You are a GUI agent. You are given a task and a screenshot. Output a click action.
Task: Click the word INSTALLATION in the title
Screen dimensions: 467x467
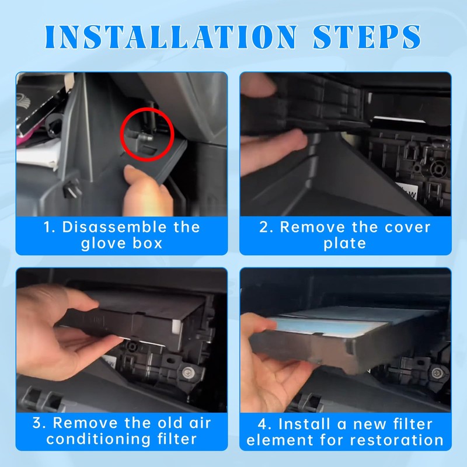(171, 37)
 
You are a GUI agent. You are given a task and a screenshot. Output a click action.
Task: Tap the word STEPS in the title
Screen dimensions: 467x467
(367, 37)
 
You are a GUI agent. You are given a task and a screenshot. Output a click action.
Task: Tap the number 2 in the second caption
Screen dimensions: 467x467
(264, 227)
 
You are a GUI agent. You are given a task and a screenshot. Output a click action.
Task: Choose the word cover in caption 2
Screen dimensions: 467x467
(407, 228)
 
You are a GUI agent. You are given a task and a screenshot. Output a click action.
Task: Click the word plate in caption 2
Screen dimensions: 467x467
(344, 243)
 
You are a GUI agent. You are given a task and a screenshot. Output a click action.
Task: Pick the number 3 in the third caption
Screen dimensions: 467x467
(37, 423)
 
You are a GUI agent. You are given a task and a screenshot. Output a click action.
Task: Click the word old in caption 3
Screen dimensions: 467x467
(170, 423)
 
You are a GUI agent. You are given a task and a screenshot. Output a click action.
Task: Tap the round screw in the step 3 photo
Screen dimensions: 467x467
(187, 372)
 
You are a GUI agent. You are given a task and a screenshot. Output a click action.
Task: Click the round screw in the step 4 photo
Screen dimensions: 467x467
(437, 372)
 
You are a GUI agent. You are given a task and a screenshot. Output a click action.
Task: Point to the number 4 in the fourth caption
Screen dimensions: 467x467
(262, 424)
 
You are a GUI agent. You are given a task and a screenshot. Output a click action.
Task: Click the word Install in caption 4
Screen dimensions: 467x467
(305, 424)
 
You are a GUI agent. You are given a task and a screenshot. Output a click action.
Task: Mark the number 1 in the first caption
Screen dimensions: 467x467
(48, 227)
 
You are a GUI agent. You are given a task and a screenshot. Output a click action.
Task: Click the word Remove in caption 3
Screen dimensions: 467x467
(85, 423)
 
